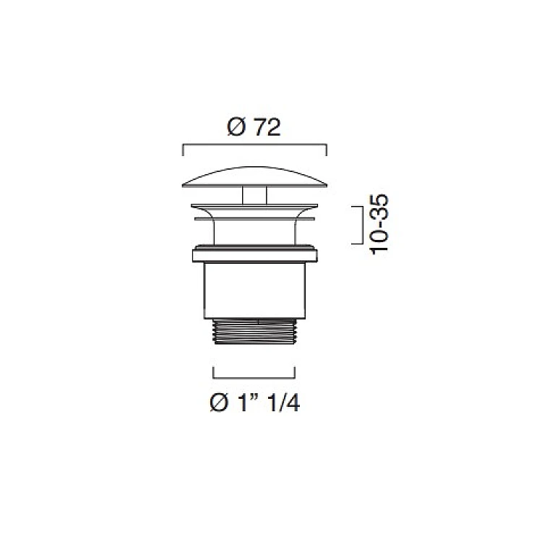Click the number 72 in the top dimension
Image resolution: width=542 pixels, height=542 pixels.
click(267, 127)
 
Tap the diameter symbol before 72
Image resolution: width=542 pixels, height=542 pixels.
click(237, 127)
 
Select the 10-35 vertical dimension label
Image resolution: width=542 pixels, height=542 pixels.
click(379, 225)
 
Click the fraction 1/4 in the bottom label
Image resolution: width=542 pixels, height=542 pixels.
click(283, 403)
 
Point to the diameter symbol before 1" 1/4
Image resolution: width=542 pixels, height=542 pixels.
click(219, 403)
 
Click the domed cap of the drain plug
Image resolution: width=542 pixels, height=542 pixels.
click(254, 177)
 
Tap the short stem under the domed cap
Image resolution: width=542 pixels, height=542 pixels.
click(254, 195)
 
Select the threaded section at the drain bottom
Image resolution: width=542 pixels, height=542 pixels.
click(254, 332)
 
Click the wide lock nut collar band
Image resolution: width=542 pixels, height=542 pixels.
click(255, 254)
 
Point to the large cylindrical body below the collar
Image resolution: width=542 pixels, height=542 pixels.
click(255, 291)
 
